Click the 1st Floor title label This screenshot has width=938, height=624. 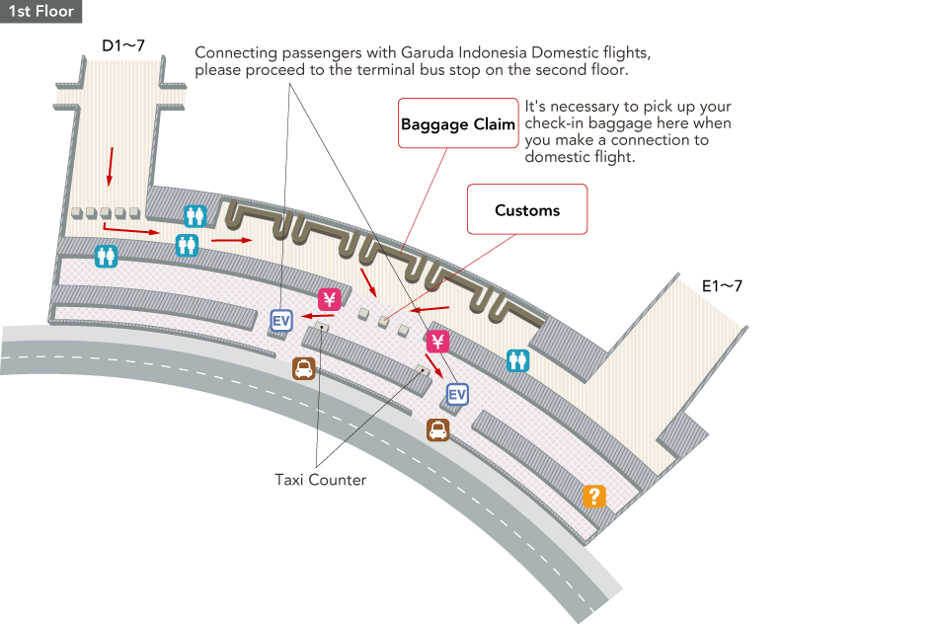40,11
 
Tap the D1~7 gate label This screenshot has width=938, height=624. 123,45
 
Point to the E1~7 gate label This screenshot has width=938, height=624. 722,286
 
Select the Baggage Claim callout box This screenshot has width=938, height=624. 458,124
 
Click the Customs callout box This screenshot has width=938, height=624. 527,210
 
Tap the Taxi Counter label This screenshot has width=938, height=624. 320,480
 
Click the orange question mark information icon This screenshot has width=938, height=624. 593,496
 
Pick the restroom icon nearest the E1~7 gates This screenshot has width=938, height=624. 517,360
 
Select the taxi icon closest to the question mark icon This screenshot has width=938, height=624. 437,429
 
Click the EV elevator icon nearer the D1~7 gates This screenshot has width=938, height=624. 281,320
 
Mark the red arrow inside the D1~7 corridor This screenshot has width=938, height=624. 111,165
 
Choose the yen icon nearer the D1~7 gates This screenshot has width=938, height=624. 329,298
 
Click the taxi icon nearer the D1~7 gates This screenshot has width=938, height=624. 304,369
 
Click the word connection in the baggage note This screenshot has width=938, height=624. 661,140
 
